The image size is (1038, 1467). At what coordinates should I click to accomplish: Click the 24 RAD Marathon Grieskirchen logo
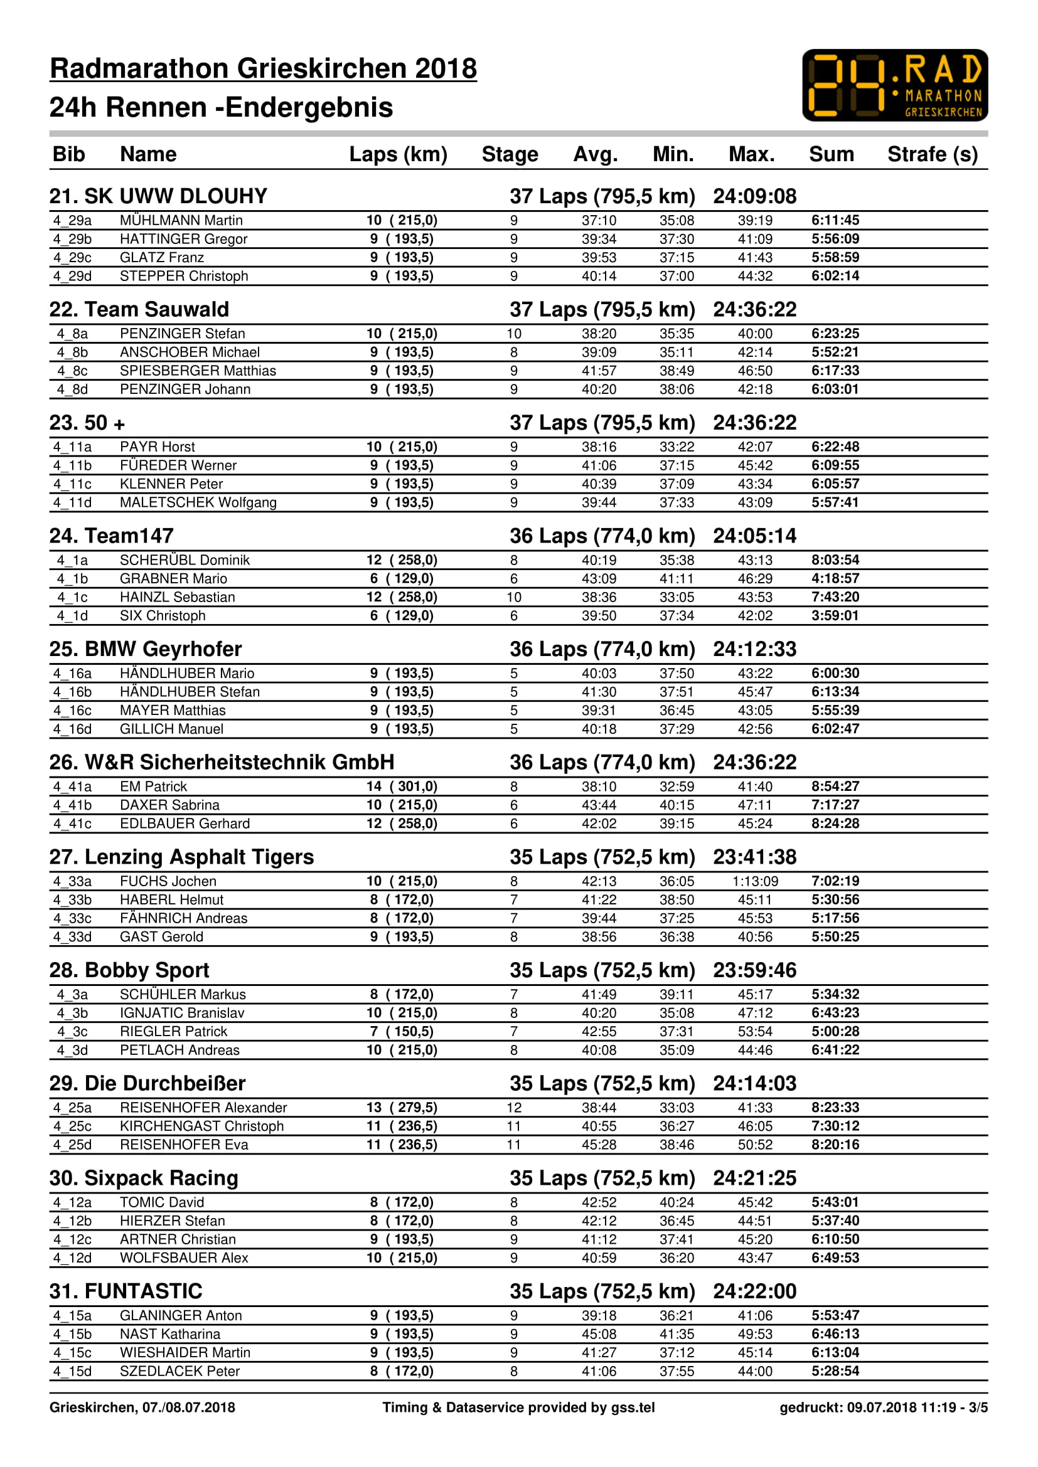(x=894, y=85)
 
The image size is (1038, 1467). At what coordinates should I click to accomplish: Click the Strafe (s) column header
(x=932, y=154)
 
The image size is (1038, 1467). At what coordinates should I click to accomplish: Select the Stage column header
(x=510, y=154)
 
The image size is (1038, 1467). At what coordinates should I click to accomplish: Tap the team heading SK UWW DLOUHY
(x=158, y=196)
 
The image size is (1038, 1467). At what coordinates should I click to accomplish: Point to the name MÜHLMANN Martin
(x=181, y=220)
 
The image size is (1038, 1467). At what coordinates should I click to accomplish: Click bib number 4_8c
(x=72, y=371)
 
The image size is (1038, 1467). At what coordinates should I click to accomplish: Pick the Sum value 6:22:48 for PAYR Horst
(x=835, y=447)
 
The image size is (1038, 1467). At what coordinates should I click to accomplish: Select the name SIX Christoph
(x=163, y=615)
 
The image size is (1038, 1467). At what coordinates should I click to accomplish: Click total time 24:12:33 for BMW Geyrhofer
(x=754, y=649)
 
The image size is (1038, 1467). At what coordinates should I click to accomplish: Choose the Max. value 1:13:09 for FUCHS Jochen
(x=755, y=881)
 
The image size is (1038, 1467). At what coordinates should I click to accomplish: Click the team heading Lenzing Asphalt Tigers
(x=181, y=857)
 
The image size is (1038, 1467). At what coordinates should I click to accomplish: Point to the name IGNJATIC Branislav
(x=181, y=1013)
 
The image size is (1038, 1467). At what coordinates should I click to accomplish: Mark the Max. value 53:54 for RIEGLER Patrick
(x=755, y=1031)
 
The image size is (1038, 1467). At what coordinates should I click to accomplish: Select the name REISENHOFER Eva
(x=183, y=1145)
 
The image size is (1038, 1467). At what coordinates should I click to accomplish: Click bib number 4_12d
(x=72, y=1258)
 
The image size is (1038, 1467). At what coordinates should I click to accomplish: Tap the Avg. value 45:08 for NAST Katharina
(x=598, y=1333)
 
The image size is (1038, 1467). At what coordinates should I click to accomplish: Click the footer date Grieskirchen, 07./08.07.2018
(x=142, y=1407)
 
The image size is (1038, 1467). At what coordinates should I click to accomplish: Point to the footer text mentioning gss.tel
(x=518, y=1407)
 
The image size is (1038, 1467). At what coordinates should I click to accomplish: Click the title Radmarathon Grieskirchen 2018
(x=263, y=68)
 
